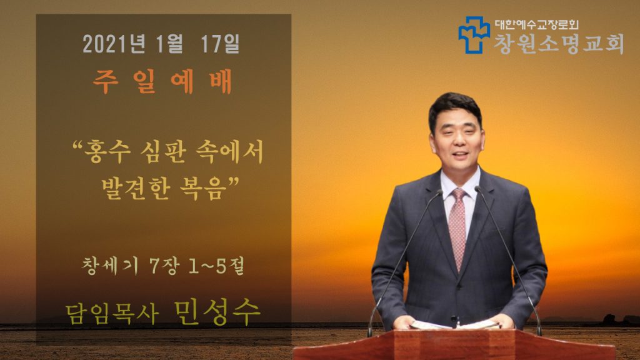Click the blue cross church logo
tap(474, 35)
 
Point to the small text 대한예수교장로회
tap(537, 24)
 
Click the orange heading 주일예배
tap(162, 82)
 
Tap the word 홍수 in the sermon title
tap(107, 152)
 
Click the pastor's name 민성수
tap(217, 312)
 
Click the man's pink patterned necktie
tap(457, 229)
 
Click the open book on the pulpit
tap(455, 325)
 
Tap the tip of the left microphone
tap(439, 191)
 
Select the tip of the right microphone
tap(477, 189)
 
